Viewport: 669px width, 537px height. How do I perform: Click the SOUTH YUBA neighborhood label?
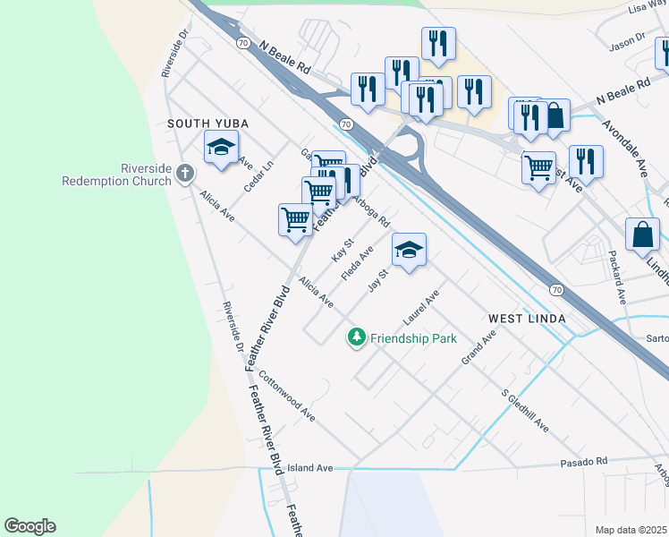207,123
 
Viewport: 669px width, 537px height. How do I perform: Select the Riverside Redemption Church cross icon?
185,172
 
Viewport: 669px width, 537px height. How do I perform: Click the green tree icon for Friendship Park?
357,337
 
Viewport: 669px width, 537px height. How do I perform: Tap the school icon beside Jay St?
409,251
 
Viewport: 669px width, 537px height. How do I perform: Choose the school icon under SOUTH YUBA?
221,149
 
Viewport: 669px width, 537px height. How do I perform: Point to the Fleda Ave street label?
358,264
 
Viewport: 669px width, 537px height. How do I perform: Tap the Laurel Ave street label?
422,307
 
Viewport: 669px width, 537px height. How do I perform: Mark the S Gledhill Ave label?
524,411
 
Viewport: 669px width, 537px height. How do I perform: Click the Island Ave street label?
309,468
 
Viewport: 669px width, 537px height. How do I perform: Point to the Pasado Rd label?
583,462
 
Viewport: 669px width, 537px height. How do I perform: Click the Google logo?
30,526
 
